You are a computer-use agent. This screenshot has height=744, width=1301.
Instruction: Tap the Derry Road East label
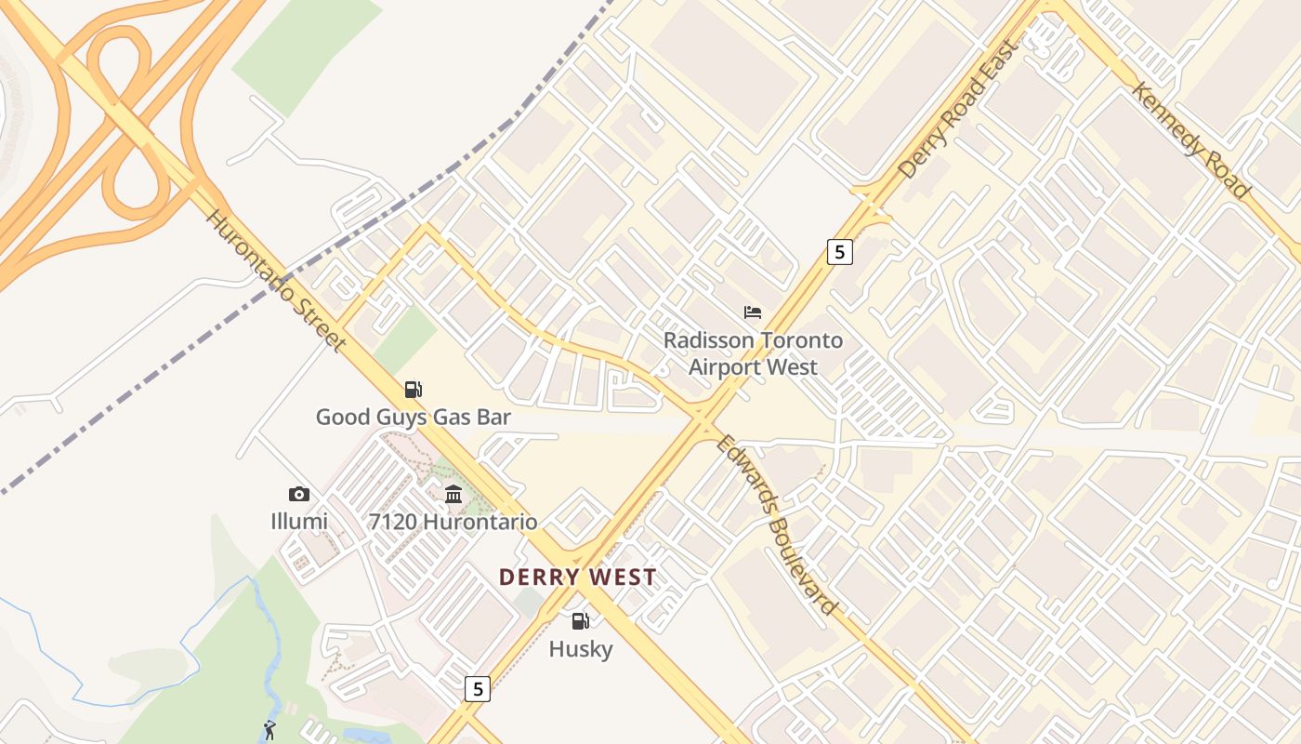[x=957, y=109]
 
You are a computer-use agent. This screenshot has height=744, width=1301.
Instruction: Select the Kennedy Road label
[x=1190, y=140]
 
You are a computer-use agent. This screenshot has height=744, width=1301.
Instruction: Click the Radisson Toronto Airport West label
[x=753, y=353]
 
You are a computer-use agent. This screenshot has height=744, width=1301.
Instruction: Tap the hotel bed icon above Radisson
[x=753, y=312]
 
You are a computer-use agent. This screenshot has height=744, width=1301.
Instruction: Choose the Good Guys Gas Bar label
[x=414, y=417]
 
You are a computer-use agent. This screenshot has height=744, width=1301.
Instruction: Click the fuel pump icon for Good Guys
[x=414, y=390]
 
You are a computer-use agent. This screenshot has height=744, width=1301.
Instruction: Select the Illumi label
[x=299, y=521]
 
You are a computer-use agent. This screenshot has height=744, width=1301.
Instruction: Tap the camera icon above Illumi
[x=299, y=494]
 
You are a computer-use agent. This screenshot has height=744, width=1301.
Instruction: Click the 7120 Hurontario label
[x=453, y=521]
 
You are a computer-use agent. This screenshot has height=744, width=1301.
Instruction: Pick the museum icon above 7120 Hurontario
[x=453, y=494]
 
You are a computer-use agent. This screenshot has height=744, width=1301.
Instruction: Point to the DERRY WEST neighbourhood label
[x=577, y=577]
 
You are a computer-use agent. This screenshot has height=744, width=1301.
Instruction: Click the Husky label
[x=581, y=648]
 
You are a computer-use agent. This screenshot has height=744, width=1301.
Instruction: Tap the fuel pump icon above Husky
[x=581, y=620]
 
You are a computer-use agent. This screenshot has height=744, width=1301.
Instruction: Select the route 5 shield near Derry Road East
[x=839, y=251]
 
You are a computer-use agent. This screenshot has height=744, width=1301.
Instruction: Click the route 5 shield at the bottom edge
[x=477, y=689]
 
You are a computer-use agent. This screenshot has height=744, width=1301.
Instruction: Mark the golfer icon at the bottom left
[x=269, y=730]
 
